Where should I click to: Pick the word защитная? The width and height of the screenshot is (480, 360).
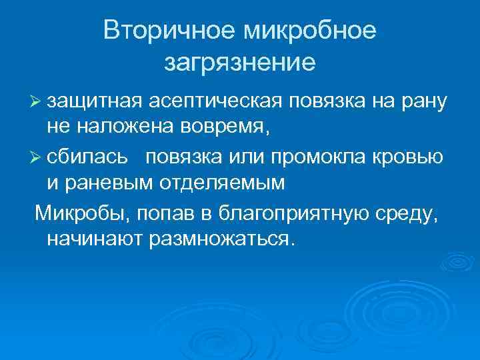(x=92, y=101)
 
